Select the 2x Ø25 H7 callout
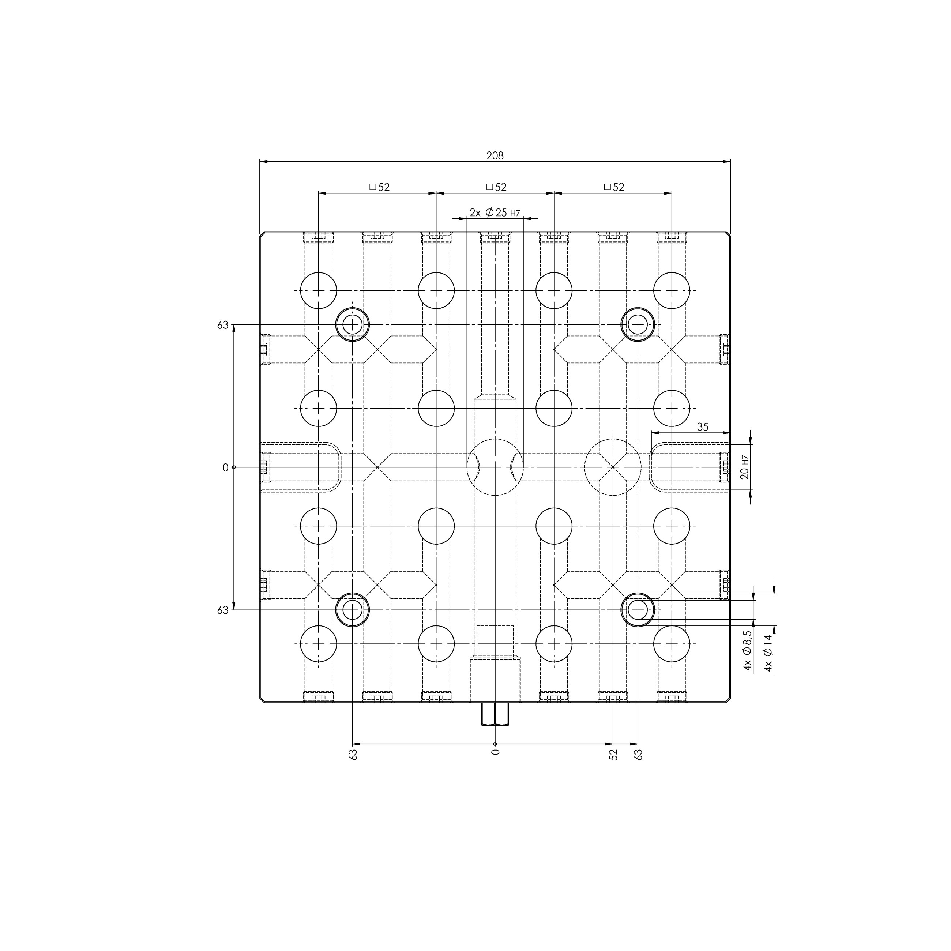[495, 213]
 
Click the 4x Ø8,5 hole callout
[748, 651]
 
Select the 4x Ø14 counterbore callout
[768, 653]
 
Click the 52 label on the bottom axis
[613, 755]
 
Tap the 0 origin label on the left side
[225, 467]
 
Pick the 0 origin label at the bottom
[495, 752]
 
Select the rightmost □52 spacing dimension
[614, 187]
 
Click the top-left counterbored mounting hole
[353, 324]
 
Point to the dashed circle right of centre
[613, 467]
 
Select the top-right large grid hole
[672, 290]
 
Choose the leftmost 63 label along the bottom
[353, 755]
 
